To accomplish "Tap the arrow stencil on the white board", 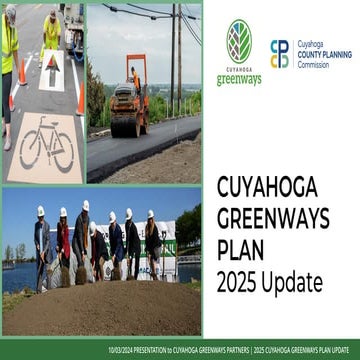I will pos(50,71).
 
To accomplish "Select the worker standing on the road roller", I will pos(135,79).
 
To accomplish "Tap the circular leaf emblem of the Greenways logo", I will pos(239,41).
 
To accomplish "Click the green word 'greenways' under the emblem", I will pos(239,78).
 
